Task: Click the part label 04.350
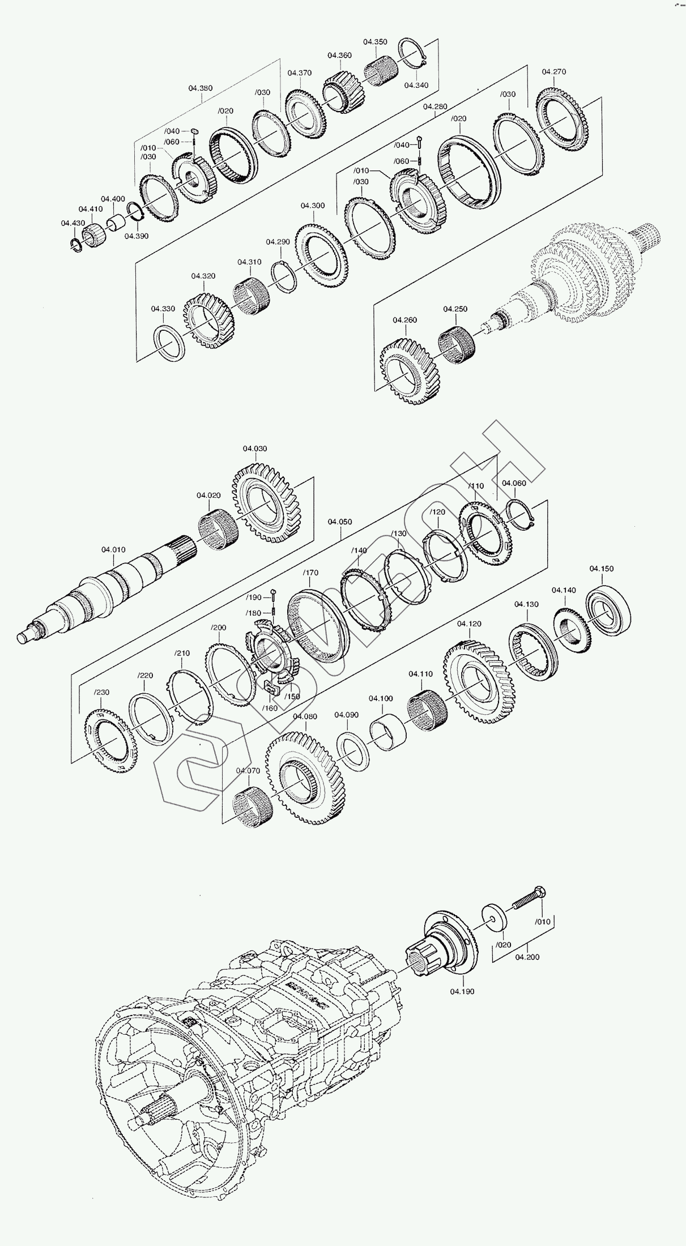375,42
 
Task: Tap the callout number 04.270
553,72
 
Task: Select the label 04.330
163,309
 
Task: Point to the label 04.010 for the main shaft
113,549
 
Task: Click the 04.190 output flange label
462,992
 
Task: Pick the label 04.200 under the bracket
527,957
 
